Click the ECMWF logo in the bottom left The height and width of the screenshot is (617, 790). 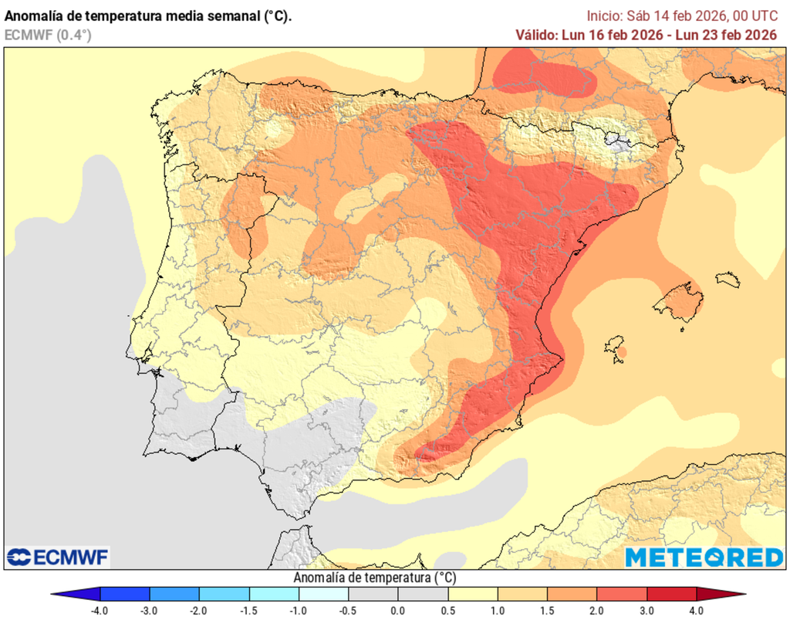[x=58, y=557]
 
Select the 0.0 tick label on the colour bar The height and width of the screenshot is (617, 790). [x=398, y=610]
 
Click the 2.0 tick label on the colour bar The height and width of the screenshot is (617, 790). [x=597, y=610]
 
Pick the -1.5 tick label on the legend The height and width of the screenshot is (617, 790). [x=248, y=610]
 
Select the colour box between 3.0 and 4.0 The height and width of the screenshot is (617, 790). [x=671, y=594]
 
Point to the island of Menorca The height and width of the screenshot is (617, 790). [x=728, y=279]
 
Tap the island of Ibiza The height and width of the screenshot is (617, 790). [x=615, y=346]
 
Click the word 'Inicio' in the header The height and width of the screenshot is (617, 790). [x=603, y=15]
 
